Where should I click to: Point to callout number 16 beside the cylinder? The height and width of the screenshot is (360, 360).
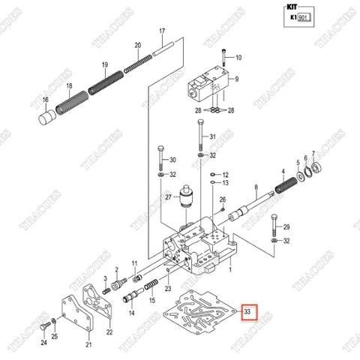[x=45, y=100]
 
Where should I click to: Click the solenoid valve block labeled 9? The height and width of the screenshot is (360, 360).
[x=205, y=85]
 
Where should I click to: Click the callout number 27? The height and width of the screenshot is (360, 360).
[x=169, y=198]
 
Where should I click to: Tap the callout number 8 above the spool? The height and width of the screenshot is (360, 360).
[x=256, y=187]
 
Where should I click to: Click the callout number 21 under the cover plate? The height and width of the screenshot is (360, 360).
[x=88, y=344]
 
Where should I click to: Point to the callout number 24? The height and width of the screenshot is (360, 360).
[x=43, y=343]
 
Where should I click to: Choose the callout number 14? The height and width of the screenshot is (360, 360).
[x=131, y=313]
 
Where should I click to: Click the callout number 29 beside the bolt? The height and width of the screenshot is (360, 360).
[x=286, y=227]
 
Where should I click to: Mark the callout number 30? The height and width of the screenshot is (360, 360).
[x=172, y=160]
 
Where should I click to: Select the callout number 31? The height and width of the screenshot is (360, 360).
[x=212, y=136]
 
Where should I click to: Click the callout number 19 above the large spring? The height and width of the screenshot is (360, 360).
[x=105, y=64]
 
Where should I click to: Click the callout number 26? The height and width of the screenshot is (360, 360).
[x=222, y=199]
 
